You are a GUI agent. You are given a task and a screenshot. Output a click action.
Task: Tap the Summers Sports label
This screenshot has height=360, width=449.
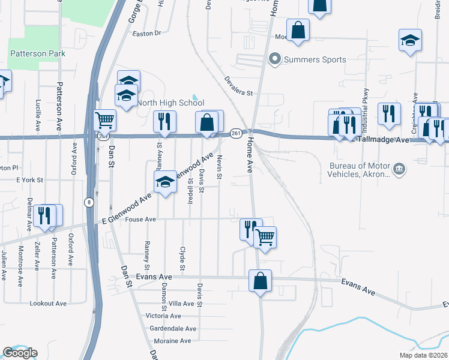tap(315, 59)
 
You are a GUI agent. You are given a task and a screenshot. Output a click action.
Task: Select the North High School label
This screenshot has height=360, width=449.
tap(170, 103)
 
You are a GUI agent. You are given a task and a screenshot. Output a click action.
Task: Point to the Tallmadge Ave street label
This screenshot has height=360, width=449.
tap(384, 139)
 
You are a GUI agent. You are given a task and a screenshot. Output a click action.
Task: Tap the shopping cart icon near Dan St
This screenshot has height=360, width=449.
tap(105, 121)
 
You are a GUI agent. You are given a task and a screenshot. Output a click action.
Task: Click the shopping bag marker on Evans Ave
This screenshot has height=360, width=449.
tap(260, 281)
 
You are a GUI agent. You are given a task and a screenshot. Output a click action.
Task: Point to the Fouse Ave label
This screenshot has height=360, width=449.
tap(141, 220)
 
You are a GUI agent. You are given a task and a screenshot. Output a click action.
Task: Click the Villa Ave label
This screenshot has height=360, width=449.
tap(181, 304)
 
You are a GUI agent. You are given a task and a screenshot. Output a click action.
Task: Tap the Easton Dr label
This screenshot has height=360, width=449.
tap(147, 34)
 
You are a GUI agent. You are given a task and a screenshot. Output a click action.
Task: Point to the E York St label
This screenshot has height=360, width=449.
tap(30, 179)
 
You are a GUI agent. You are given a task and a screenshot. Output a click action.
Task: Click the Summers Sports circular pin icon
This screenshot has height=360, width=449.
tap(275, 59)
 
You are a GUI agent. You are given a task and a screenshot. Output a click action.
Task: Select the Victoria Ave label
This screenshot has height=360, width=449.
tap(163, 316)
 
